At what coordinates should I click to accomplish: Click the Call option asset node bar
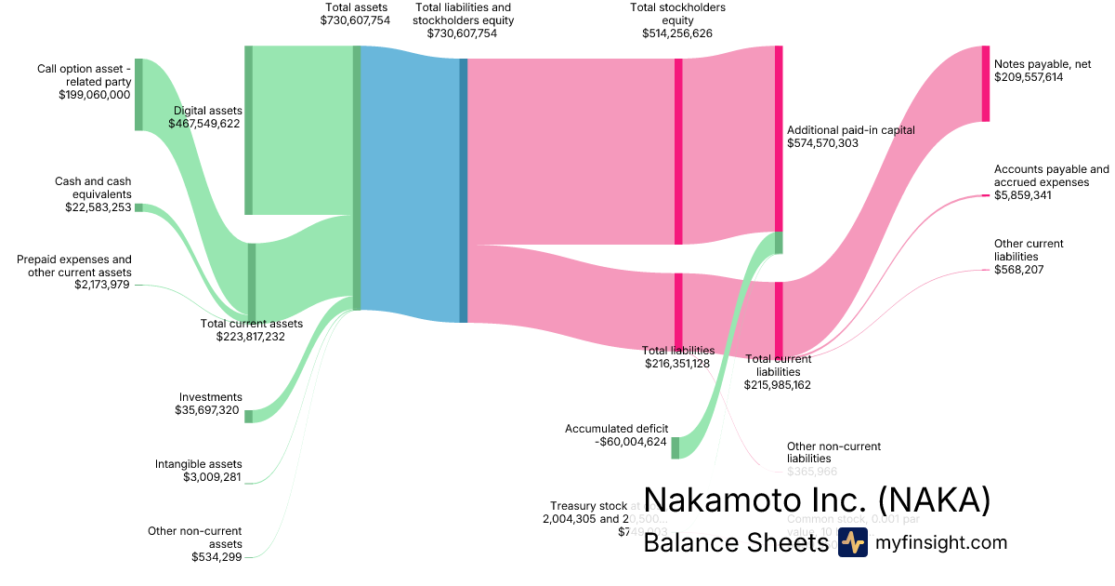pos(138,94)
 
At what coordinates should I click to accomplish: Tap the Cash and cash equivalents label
pos(93,188)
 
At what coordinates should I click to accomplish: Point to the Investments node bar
pos(248,416)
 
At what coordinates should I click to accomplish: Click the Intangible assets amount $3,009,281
pos(213,477)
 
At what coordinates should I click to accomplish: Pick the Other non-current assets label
pos(195,538)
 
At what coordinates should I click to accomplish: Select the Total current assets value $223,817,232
pos(251,337)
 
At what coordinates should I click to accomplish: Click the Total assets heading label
pos(355,7)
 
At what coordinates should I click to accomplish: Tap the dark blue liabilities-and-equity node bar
pos(463,191)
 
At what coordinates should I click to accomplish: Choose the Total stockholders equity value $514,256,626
pos(677,33)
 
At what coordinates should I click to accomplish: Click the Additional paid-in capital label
pos(850,130)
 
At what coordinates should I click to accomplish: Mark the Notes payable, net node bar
pos(986,83)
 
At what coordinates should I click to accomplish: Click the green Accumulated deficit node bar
pos(676,447)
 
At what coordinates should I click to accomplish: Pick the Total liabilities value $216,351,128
pos(678,363)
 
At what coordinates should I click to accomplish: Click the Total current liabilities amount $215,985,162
pos(777,384)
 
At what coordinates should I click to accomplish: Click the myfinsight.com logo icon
pos(852,542)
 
